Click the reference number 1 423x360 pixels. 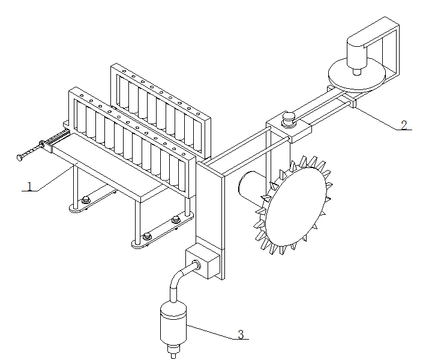tap(29, 186)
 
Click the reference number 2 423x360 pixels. tap(404, 125)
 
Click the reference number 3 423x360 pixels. tap(241, 335)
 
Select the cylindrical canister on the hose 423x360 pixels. tap(173, 324)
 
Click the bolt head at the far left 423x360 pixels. tap(19, 158)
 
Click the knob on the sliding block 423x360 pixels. tap(289, 119)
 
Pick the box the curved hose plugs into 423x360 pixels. tap(203, 260)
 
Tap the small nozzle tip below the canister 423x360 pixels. tap(173, 352)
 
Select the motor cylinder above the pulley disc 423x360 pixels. tap(356, 53)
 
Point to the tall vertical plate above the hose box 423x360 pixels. tap(210, 205)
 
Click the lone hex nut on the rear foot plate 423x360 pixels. tap(86, 200)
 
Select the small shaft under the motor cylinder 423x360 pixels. tap(357, 72)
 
